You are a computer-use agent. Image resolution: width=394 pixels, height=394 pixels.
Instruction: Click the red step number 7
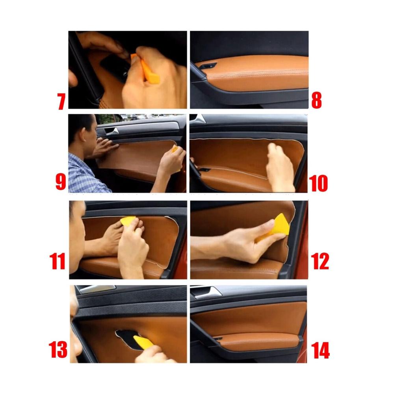coord(61,101)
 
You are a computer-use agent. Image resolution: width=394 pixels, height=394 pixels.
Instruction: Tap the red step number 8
coord(316,100)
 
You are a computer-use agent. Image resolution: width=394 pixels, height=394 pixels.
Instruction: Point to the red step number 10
coord(318,183)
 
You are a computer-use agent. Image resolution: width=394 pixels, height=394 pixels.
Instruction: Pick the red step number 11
coord(57,261)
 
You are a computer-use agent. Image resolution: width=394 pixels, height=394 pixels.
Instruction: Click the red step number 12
coord(320,261)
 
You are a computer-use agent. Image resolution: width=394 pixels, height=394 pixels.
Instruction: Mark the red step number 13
coord(58,349)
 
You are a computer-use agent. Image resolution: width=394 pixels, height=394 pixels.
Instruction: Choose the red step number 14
coord(320,350)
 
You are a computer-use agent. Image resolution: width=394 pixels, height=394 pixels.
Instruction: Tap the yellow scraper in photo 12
coord(275,227)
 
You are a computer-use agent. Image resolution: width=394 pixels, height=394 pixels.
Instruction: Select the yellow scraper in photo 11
coord(128,221)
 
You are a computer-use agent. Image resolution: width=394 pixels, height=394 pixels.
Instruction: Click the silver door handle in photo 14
coord(207,292)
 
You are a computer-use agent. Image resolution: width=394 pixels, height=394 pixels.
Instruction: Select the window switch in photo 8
coord(208,66)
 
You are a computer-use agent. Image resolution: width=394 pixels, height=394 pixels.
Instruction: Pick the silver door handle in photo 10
coord(199,119)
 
